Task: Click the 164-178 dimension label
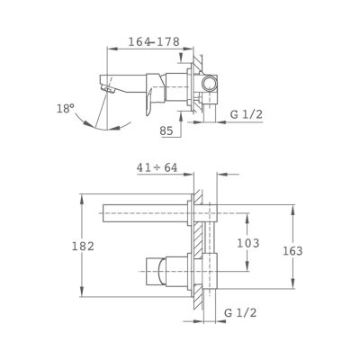[x=154, y=41]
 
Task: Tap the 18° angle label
[x=66, y=108]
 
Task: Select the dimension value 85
[x=166, y=130]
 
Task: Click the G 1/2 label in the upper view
[x=247, y=114]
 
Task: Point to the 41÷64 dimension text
[x=157, y=168]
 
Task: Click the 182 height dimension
[x=83, y=247]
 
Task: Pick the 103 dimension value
[x=248, y=243]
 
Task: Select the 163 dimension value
[x=292, y=251]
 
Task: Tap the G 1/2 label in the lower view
[x=240, y=313]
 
